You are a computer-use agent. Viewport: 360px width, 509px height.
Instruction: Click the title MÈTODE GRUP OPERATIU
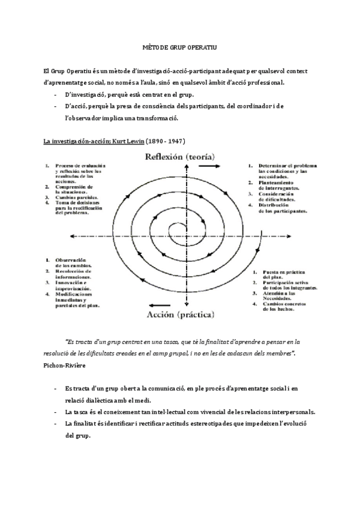[180, 46]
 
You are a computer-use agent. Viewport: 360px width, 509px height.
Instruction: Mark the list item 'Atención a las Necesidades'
[281, 294]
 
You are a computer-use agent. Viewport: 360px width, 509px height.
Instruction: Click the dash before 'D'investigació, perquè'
[55, 95]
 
